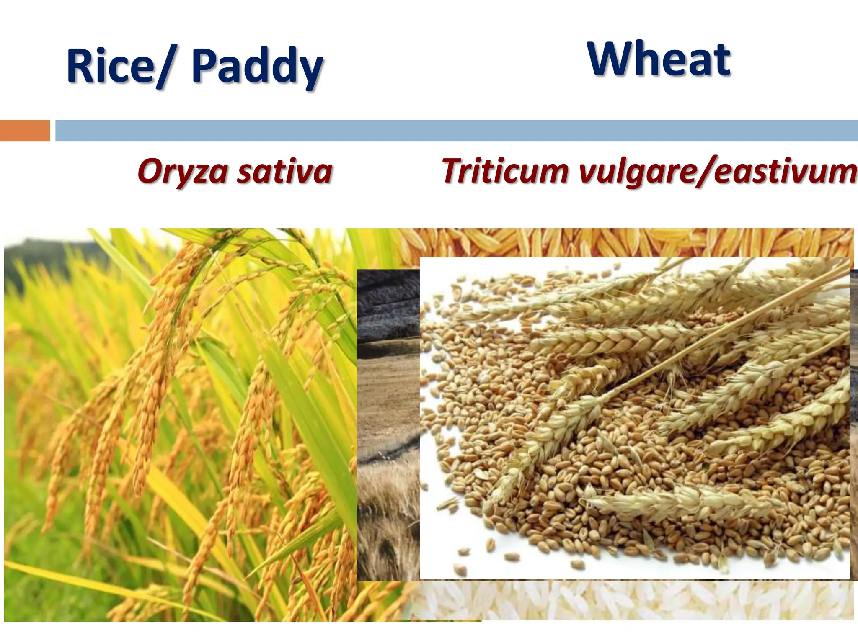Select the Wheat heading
coord(659,59)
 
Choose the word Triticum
coord(505,171)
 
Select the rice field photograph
coord(176,419)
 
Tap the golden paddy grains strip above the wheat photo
coord(628,243)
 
